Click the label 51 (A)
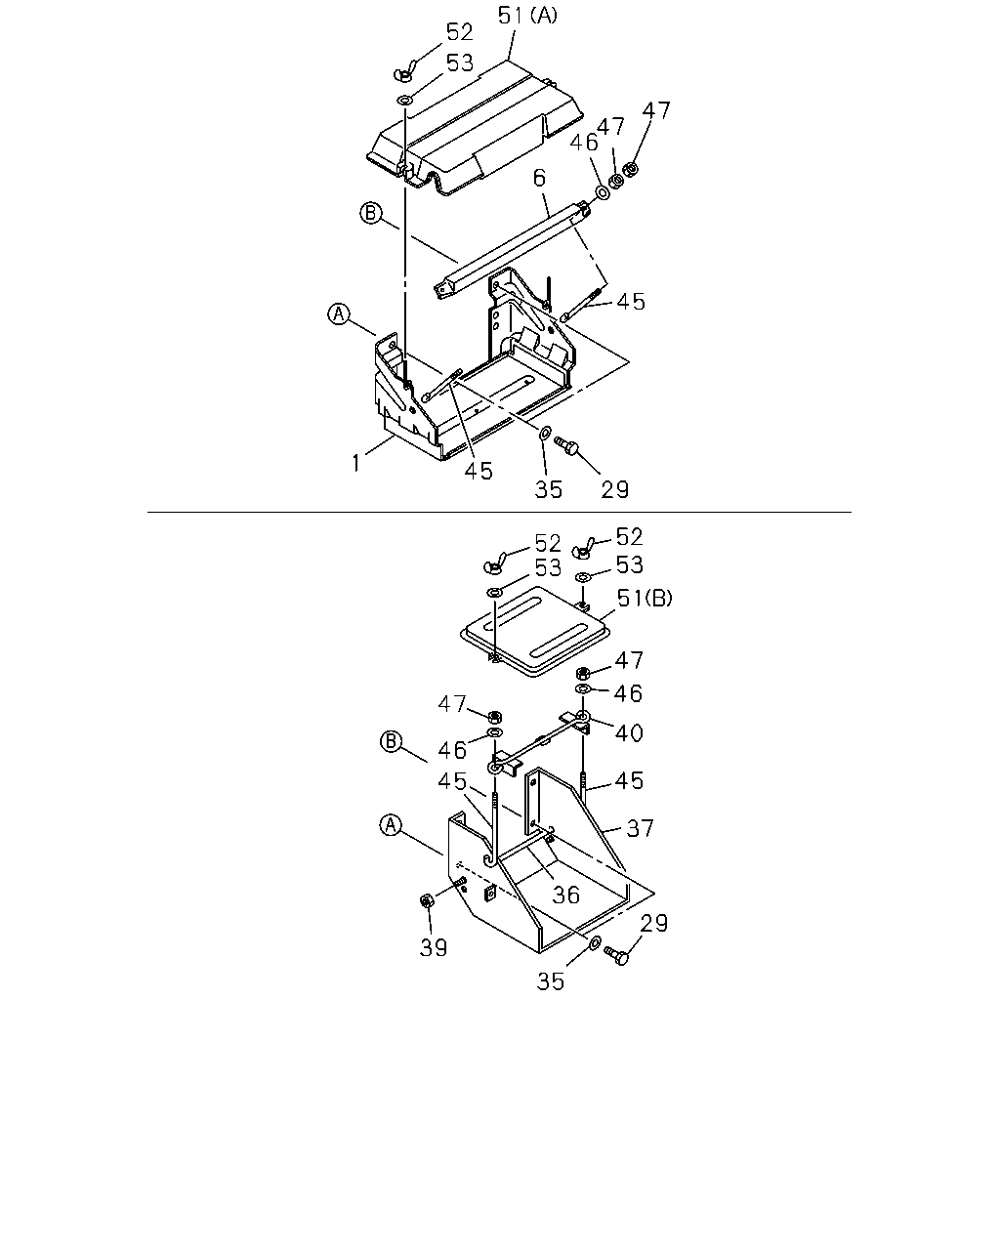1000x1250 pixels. click(x=527, y=16)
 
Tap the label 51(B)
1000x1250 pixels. click(x=645, y=598)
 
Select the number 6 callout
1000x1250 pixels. click(x=539, y=178)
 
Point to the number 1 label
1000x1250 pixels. click(x=355, y=463)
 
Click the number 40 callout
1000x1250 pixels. click(x=629, y=733)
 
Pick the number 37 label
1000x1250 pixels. click(x=641, y=828)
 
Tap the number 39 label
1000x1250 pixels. click(x=434, y=948)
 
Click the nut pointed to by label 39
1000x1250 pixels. click(x=426, y=901)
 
